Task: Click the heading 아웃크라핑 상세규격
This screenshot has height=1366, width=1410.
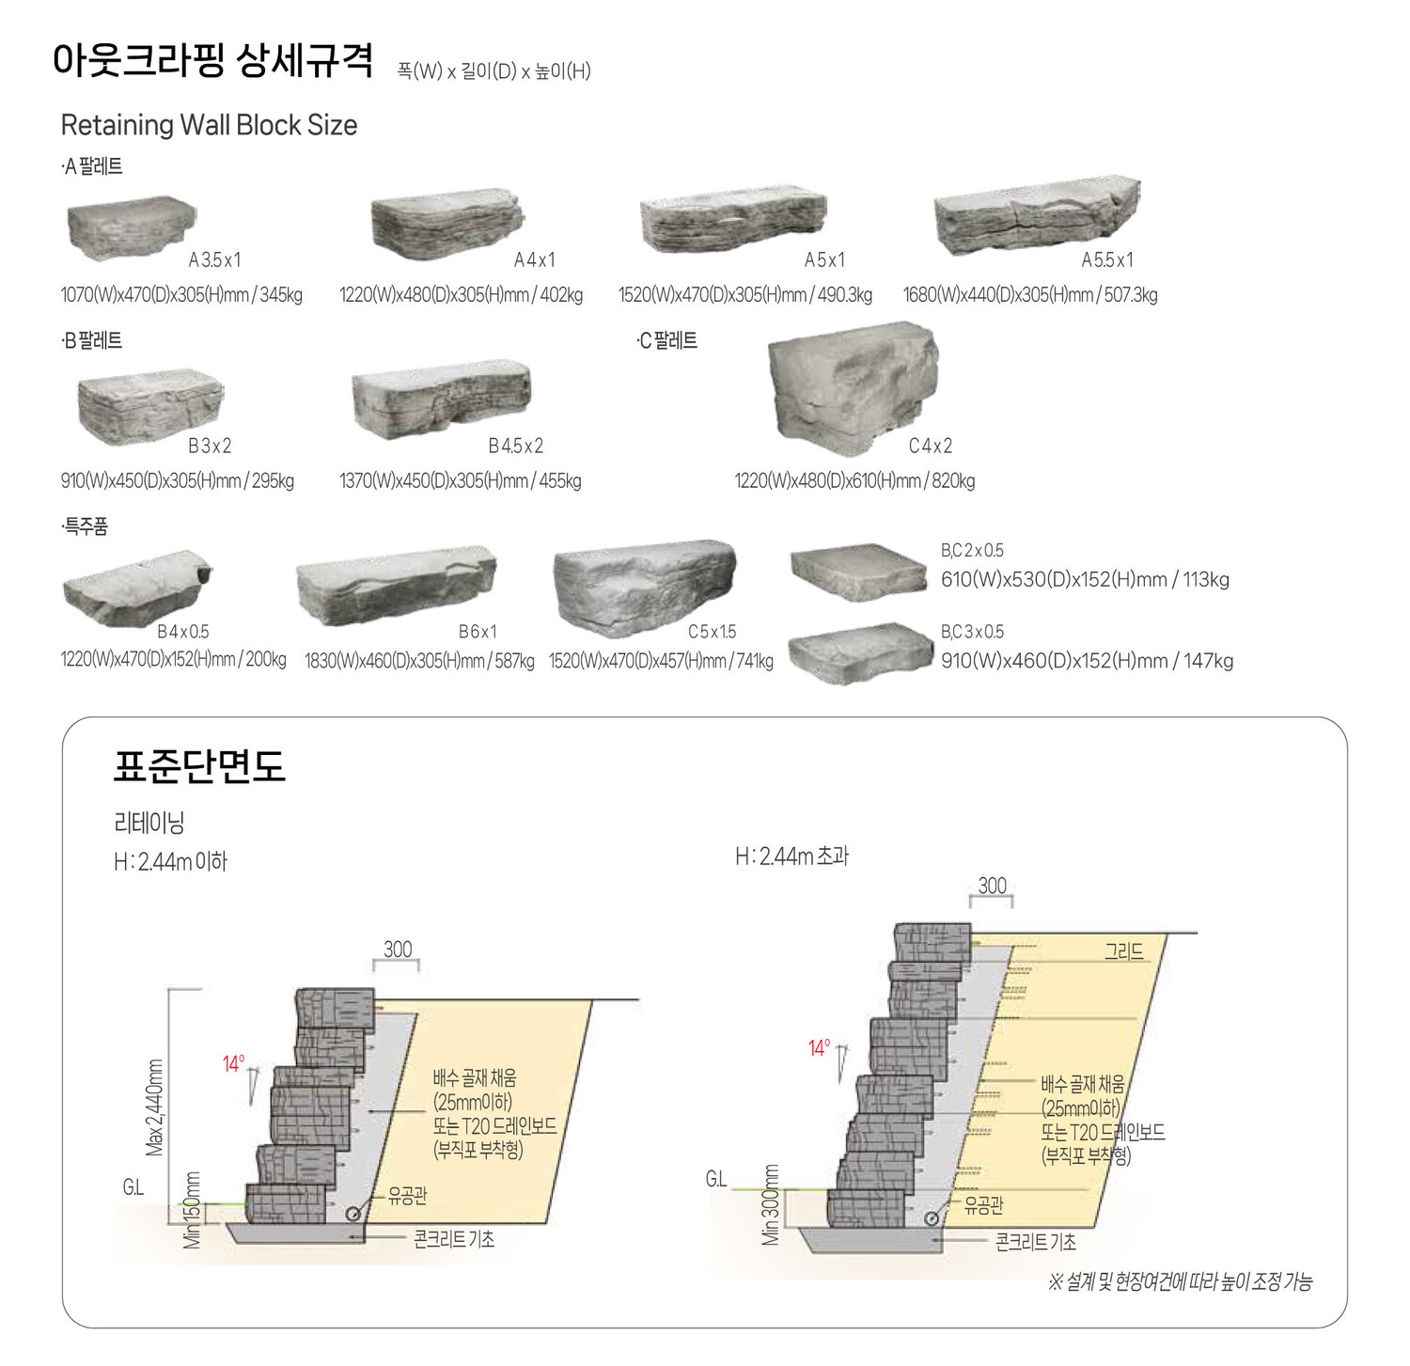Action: pyautogui.click(x=213, y=61)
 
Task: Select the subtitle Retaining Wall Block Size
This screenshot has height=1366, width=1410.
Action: pyautogui.click(x=209, y=125)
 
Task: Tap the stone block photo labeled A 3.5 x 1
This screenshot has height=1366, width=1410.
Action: pyautogui.click(x=131, y=227)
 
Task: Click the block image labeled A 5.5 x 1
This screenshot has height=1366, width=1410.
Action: pyautogui.click(x=1036, y=214)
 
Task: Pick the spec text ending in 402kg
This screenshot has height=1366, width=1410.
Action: pyautogui.click(x=461, y=295)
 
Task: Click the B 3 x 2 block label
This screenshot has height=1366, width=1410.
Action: pyautogui.click(x=210, y=446)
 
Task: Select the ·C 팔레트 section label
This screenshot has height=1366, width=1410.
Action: pyautogui.click(x=666, y=340)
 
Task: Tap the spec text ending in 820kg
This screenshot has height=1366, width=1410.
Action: pyautogui.click(x=854, y=481)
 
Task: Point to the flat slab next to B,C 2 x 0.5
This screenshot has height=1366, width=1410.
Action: pyautogui.click(x=858, y=572)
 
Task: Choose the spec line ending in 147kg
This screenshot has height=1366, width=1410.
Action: pyautogui.click(x=1087, y=661)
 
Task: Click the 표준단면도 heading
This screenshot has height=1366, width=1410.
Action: pyautogui.click(x=199, y=766)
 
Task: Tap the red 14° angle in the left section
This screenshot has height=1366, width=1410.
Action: pyautogui.click(x=233, y=1064)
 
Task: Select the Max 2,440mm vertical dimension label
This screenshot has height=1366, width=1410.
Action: pyautogui.click(x=155, y=1107)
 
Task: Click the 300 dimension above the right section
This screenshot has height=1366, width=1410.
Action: pyautogui.click(x=992, y=886)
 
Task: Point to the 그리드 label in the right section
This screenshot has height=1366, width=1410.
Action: pyautogui.click(x=1123, y=950)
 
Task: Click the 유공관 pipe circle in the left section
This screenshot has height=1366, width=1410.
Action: pyautogui.click(x=353, y=1213)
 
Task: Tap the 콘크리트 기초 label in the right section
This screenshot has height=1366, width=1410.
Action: pyautogui.click(x=1035, y=1242)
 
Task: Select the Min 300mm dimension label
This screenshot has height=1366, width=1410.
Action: pyautogui.click(x=771, y=1205)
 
